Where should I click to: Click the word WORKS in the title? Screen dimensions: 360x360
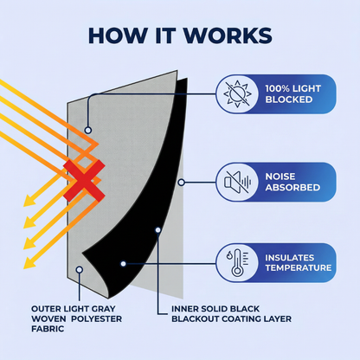(228, 35)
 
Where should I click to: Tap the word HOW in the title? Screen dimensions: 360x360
(118, 35)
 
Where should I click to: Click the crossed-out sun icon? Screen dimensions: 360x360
(237, 93)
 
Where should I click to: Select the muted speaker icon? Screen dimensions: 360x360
(237, 182)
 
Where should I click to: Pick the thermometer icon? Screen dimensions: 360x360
(237, 262)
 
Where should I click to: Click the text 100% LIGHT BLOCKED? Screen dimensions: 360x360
(293, 94)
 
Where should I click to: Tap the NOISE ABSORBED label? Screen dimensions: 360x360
(292, 182)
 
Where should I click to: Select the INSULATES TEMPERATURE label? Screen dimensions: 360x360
(299, 262)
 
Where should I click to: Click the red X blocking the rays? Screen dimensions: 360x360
(84, 181)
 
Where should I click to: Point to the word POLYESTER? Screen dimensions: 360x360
(96, 319)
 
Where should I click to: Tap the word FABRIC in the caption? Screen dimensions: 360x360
(48, 329)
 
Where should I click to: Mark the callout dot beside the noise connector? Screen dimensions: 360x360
(181, 183)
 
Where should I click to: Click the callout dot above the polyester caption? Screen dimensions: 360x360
(80, 270)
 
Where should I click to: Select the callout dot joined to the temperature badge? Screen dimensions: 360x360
(123, 263)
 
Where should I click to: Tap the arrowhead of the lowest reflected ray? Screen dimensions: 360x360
(28, 264)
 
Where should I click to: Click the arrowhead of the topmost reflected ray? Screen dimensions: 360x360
(28, 201)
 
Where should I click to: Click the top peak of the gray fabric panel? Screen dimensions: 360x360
(177, 71)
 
